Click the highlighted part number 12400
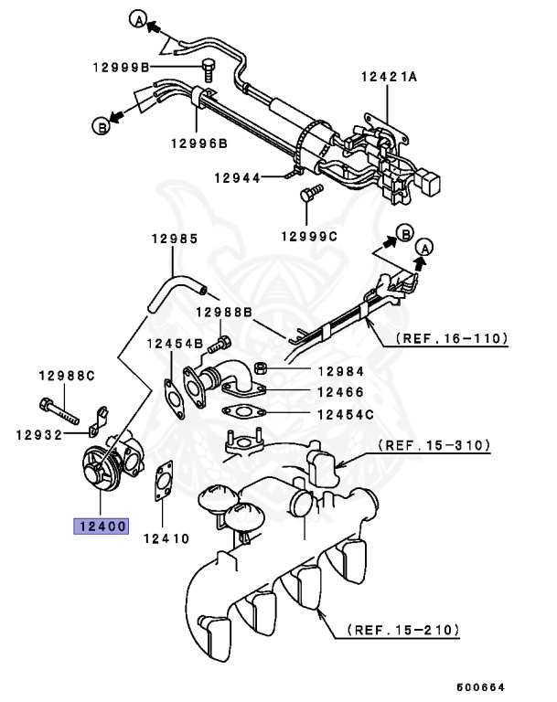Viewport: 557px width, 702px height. [x=102, y=526]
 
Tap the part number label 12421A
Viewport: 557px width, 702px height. [x=388, y=78]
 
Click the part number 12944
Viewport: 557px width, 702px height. [x=237, y=176]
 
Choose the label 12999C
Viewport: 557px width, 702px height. [x=308, y=236]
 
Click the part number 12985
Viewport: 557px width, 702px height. [x=174, y=239]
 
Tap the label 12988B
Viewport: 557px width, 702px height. [x=222, y=313]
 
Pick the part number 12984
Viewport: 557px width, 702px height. [x=340, y=371]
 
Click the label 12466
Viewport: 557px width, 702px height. [x=340, y=392]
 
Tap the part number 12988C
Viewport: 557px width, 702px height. [x=66, y=376]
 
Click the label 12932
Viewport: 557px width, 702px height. [x=38, y=434]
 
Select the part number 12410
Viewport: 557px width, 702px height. [x=165, y=538]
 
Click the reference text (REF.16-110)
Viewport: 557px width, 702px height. [x=451, y=338]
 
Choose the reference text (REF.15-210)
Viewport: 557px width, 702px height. [x=403, y=630]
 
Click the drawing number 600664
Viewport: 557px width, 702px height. [x=481, y=686]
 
